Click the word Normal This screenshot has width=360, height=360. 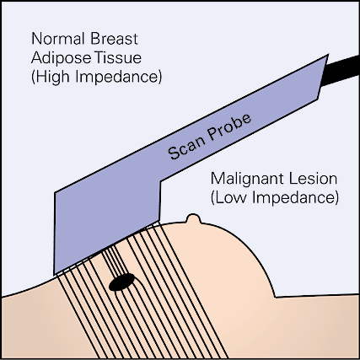pyautogui.click(x=57, y=39)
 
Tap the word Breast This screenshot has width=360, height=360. pyautogui.click(x=115, y=39)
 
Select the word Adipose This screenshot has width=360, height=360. pyautogui.click(x=61, y=58)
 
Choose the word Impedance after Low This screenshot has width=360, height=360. pyautogui.click(x=295, y=198)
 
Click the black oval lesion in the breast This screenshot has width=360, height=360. pyautogui.click(x=121, y=282)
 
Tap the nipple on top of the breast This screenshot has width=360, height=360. pyautogui.click(x=193, y=219)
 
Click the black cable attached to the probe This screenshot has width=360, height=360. pyautogui.click(x=341, y=71)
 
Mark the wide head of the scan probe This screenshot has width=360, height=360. pyautogui.click(x=107, y=225)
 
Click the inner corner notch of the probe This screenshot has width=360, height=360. pyautogui.click(x=160, y=181)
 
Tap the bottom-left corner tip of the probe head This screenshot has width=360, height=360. pyautogui.click(x=54, y=274)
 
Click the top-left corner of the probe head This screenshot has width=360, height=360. pyautogui.click(x=55, y=192)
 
